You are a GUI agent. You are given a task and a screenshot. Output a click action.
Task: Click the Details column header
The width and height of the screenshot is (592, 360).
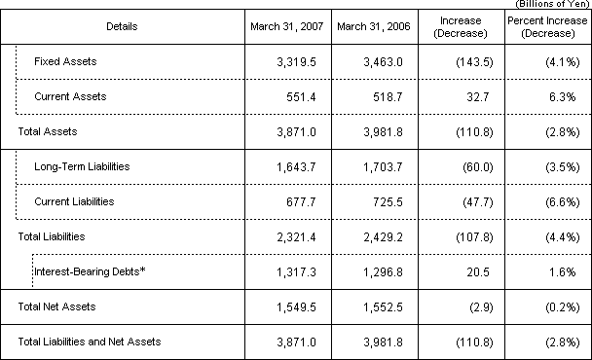(x=122, y=25)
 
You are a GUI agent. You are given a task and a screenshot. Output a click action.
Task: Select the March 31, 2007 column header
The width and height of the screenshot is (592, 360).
(x=283, y=25)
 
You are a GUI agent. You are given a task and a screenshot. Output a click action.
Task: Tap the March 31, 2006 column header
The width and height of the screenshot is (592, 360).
(x=371, y=25)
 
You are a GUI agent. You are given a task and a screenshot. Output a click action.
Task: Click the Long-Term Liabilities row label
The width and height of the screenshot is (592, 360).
(x=82, y=166)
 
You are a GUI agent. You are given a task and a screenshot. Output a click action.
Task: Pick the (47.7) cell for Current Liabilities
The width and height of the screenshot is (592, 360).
(x=472, y=201)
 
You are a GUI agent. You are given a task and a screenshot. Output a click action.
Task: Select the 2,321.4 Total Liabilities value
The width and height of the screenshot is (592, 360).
(x=293, y=236)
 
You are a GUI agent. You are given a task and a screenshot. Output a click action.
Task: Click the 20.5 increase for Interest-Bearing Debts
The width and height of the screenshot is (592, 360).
(x=475, y=273)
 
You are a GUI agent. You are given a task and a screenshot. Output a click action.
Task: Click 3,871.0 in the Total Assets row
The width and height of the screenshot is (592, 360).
(x=293, y=129)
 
